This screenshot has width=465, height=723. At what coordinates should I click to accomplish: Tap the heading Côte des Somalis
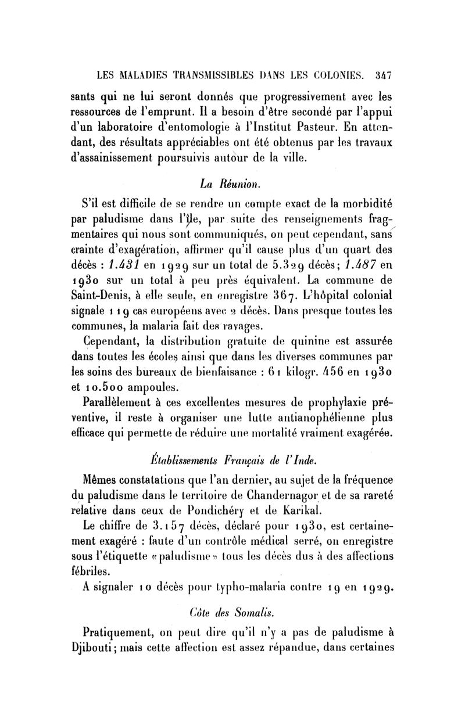click(231, 625)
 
